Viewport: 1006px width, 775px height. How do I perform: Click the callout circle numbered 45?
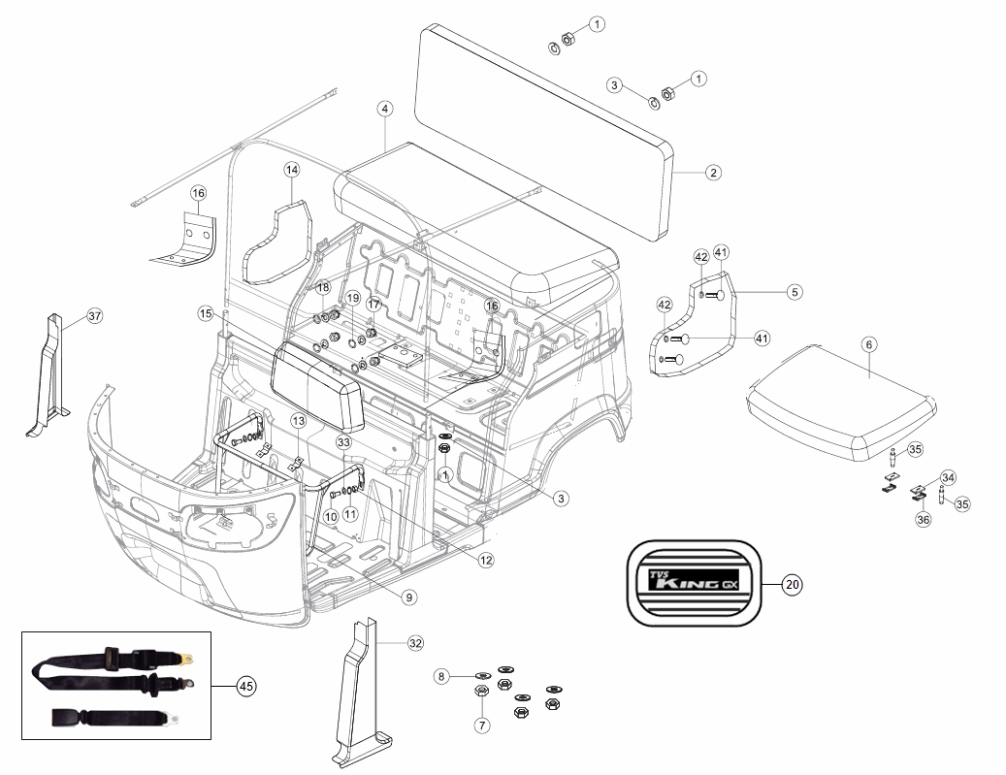(x=246, y=687)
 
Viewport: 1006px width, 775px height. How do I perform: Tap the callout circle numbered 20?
(x=793, y=585)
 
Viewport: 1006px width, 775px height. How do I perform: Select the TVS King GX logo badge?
(x=694, y=583)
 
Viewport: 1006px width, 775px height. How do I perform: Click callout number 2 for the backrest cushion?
(x=713, y=173)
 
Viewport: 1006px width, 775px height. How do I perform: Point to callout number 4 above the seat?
(x=385, y=109)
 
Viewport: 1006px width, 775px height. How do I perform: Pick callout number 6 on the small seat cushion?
(x=869, y=344)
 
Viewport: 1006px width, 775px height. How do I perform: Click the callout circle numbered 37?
(x=94, y=315)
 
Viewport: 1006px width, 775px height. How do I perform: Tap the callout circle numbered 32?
(x=416, y=643)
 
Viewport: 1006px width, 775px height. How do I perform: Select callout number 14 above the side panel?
(x=292, y=170)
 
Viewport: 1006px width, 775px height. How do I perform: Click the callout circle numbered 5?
(x=795, y=292)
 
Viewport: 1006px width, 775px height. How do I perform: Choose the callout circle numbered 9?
(x=409, y=597)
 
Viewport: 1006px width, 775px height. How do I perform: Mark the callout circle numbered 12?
(x=486, y=560)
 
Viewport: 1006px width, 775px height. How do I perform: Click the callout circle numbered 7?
(x=482, y=726)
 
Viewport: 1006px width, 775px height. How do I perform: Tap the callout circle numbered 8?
(x=441, y=676)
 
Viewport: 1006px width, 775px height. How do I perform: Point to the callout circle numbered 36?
(x=923, y=520)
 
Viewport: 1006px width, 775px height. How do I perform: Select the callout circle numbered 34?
(x=948, y=477)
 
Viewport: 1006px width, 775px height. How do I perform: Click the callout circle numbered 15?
(x=206, y=313)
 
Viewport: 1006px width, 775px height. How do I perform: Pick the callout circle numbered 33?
(x=343, y=442)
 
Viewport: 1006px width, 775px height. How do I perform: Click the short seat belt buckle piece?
(x=114, y=718)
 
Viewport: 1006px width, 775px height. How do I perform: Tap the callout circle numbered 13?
(x=299, y=421)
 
